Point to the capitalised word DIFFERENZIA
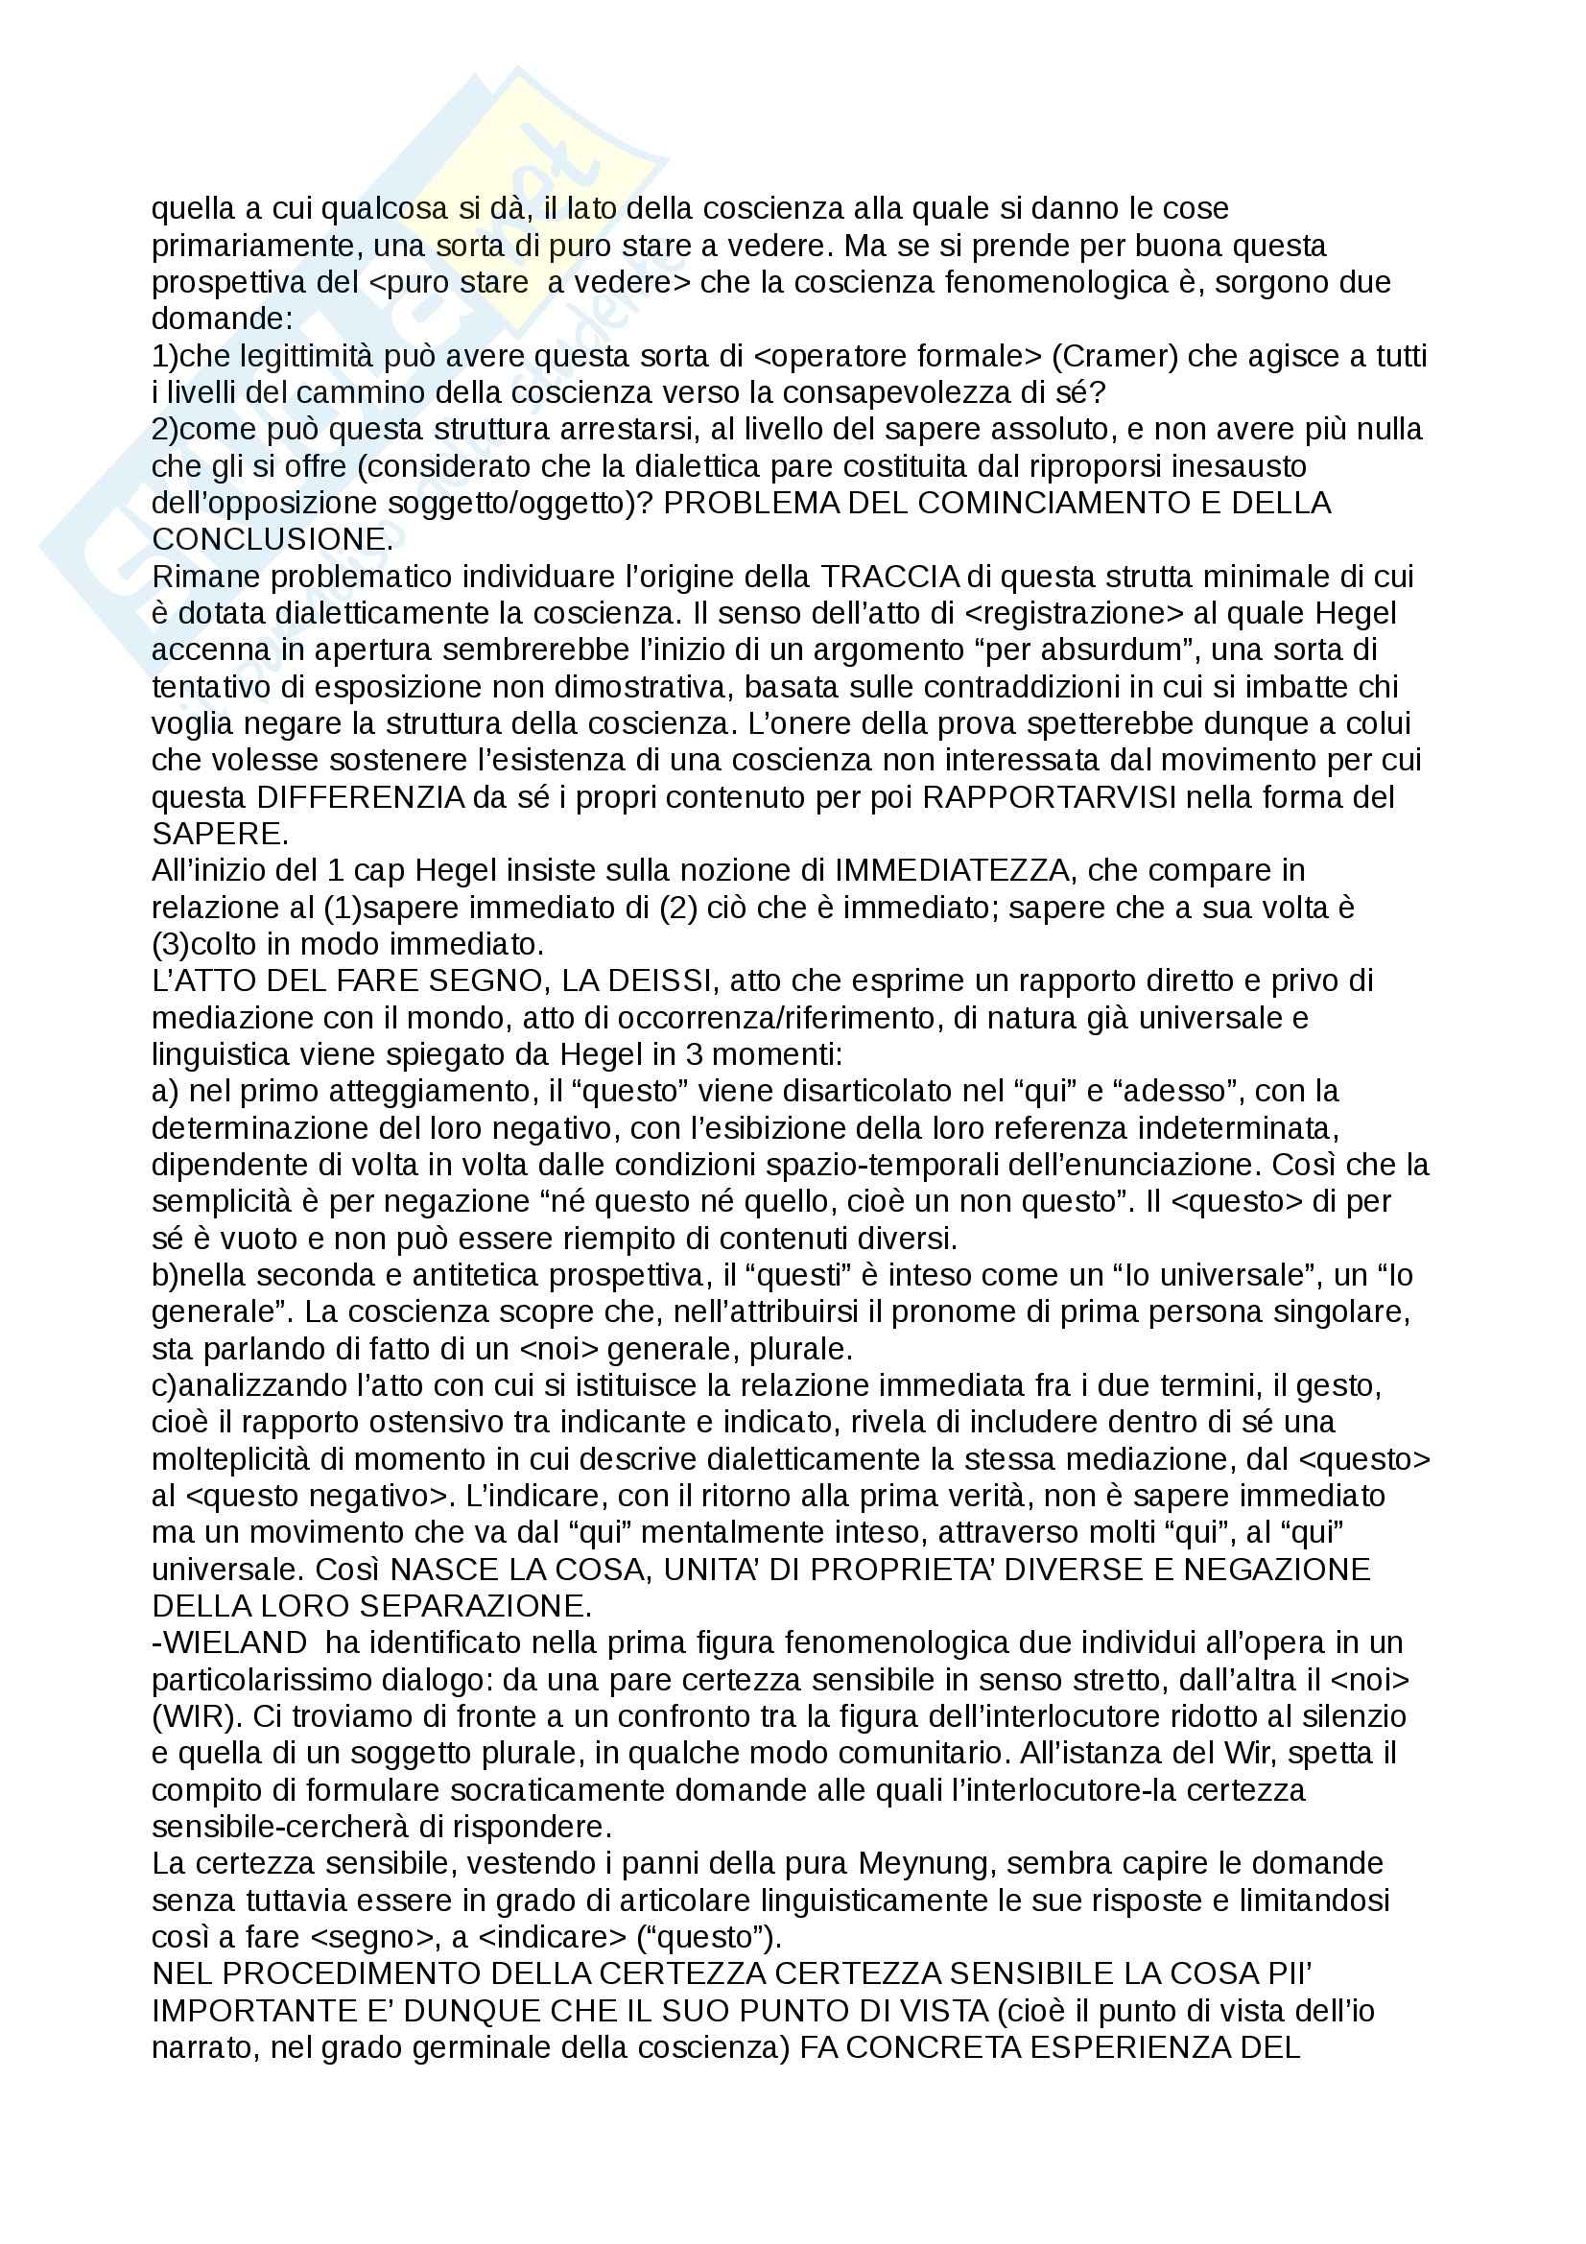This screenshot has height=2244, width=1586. point(361,797)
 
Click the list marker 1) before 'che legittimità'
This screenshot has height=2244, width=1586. point(165,356)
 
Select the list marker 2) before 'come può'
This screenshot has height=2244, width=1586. point(165,429)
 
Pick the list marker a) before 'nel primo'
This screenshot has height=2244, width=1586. point(164,1091)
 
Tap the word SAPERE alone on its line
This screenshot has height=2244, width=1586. point(216,834)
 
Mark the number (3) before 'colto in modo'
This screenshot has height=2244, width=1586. point(170,944)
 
